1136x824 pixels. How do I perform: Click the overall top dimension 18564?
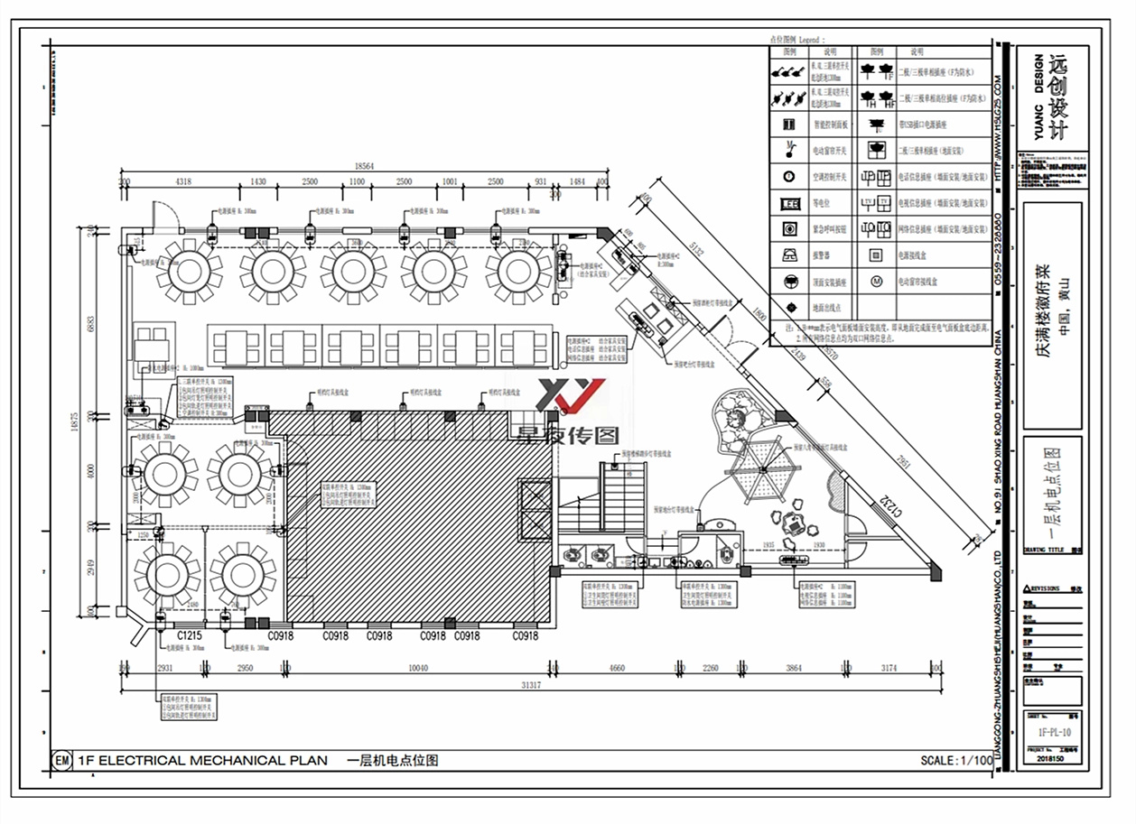(x=364, y=167)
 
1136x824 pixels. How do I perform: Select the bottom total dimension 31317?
(x=530, y=686)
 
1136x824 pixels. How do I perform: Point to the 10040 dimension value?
(x=416, y=668)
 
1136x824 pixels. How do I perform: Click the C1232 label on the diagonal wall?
(x=892, y=505)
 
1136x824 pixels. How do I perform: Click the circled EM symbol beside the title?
(x=62, y=761)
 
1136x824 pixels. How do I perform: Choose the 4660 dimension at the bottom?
(x=617, y=668)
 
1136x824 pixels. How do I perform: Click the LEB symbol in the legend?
(x=788, y=203)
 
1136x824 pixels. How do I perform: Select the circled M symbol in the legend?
(x=875, y=281)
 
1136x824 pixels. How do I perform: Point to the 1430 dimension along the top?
(x=258, y=182)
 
